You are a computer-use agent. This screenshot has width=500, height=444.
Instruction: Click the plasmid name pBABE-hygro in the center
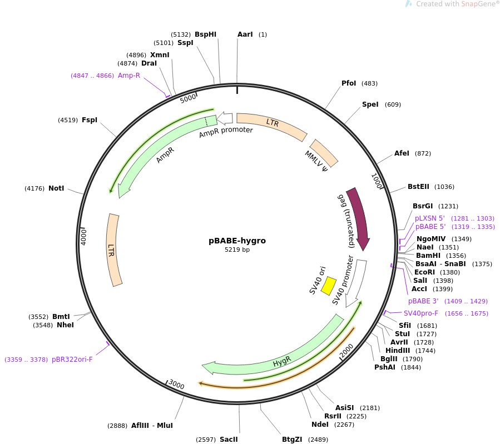237,241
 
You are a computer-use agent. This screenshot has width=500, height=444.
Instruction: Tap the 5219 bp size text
237,250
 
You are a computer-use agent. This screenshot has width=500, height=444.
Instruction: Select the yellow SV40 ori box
329,285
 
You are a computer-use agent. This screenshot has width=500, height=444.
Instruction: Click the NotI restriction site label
56,188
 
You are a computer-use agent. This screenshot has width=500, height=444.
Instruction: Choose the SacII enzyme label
229,440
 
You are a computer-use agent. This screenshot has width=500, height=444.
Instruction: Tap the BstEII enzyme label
419,187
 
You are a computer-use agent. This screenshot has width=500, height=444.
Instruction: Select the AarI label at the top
245,34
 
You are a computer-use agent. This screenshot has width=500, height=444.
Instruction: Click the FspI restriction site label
90,120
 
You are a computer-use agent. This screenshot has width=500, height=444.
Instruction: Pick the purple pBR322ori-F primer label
72,360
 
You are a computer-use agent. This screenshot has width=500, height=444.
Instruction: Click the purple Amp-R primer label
129,76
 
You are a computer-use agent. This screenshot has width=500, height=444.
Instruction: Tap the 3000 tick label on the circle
176,385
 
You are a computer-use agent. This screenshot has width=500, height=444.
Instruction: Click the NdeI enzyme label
320,425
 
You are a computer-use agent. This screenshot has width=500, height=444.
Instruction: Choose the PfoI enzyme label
349,83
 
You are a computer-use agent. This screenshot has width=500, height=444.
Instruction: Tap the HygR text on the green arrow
282,363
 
